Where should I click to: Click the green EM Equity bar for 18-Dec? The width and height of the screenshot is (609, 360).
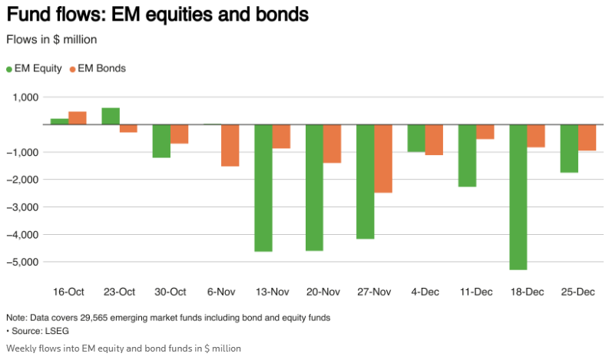pyautogui.click(x=518, y=197)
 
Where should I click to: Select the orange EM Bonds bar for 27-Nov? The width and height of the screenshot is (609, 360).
pyautogui.click(x=384, y=158)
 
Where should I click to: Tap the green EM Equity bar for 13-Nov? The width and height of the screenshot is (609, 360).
pyautogui.click(x=263, y=187)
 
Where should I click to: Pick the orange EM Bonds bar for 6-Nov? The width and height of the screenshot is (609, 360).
pyautogui.click(x=230, y=145)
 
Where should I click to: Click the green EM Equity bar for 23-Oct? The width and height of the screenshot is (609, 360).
pyautogui.click(x=111, y=116)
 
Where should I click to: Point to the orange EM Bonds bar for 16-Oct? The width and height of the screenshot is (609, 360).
pyautogui.click(x=78, y=117)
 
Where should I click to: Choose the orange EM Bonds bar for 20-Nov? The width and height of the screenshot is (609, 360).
pyautogui.click(x=332, y=144)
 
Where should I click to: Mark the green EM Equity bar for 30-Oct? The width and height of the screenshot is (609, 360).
pyautogui.click(x=161, y=140)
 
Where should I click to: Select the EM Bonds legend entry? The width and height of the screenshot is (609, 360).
pyautogui.click(x=97, y=68)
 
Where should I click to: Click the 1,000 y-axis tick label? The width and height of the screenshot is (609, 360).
pyautogui.click(x=25, y=97)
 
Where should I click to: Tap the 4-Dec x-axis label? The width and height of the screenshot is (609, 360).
pyautogui.click(x=425, y=292)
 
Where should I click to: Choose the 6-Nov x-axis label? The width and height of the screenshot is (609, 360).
pyautogui.click(x=221, y=292)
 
